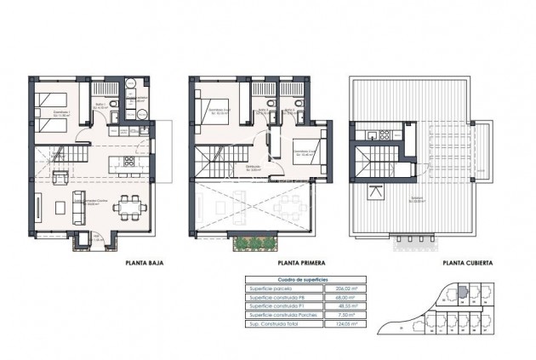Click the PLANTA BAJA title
[144, 264]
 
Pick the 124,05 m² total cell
[342, 324]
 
